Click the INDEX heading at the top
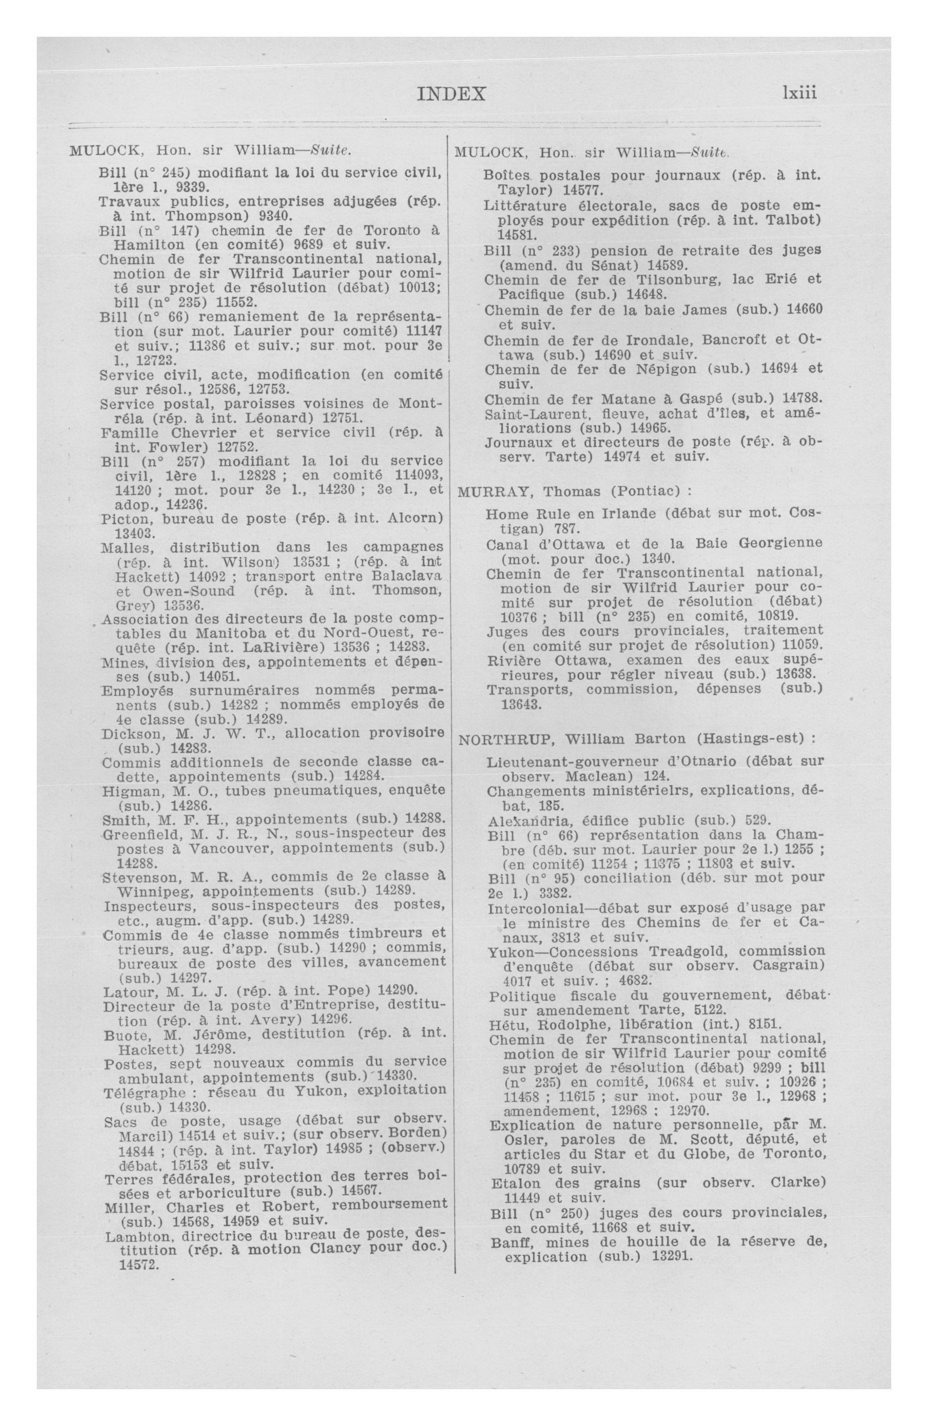[x=451, y=94]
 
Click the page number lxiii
[x=799, y=94]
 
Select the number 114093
[x=413, y=475]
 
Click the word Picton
[x=123, y=518]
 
